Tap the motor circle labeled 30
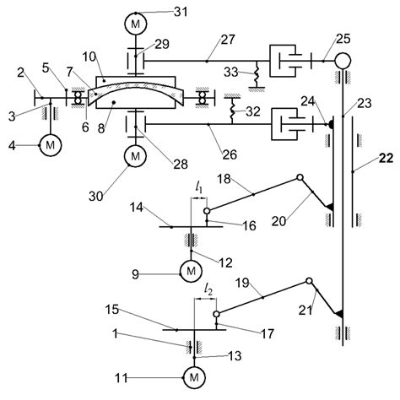pos(135,155)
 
